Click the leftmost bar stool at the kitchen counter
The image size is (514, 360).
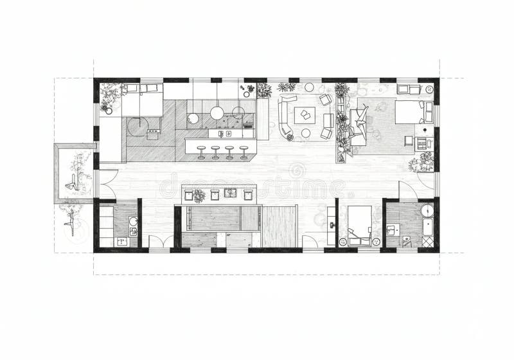pos(201,152)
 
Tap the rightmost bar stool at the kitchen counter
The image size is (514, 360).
pos(244,152)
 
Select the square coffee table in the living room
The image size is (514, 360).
pos(305,116)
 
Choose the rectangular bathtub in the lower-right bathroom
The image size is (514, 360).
pos(428,228)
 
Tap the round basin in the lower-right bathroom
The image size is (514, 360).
pos(427,210)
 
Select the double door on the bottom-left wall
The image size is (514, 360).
pos(161,243)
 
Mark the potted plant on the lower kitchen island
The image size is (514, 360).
pos(200,195)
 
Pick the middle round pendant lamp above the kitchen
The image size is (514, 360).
pos(217,113)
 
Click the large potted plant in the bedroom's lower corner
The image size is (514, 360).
pos(423,162)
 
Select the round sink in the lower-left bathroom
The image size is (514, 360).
pos(132,222)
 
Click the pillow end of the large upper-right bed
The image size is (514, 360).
pos(427,112)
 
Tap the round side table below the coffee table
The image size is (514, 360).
pos(306,133)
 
